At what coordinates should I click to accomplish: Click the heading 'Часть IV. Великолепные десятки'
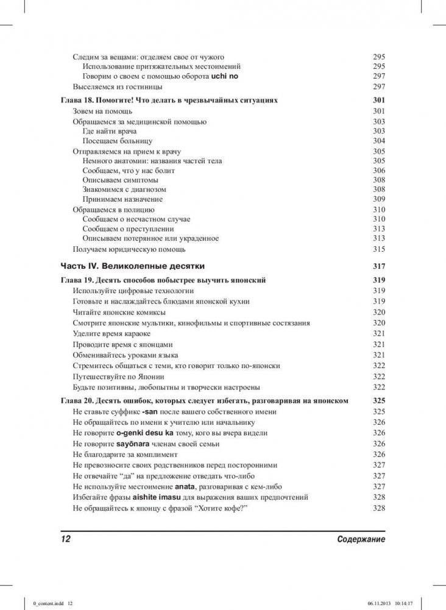coord(133,266)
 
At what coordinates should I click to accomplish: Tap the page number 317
coord(379,266)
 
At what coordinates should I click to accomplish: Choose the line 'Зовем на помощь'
coord(102,112)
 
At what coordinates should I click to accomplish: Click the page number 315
coord(379,249)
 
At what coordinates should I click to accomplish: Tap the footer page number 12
coord(66,540)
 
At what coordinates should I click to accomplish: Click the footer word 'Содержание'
coord(361,540)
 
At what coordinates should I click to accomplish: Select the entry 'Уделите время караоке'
coord(111,334)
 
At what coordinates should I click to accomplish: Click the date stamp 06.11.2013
coord(378,603)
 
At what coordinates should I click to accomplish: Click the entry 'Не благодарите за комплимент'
coord(125,455)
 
